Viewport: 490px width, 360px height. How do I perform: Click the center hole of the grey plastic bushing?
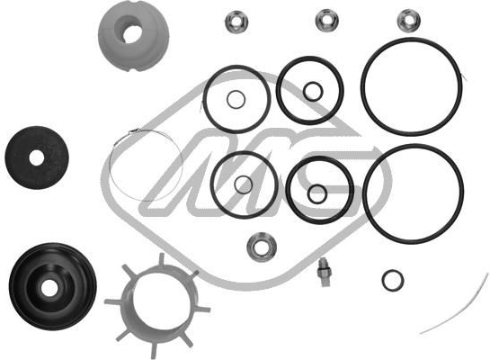click(x=132, y=34)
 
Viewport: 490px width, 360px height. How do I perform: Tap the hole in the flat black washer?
click(x=37, y=157)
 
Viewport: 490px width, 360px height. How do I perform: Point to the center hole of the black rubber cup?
click(x=49, y=288)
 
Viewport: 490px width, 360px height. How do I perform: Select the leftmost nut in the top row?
click(x=236, y=22)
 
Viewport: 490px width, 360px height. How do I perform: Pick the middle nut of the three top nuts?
click(x=327, y=21)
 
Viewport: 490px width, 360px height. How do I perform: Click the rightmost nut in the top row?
click(x=408, y=21)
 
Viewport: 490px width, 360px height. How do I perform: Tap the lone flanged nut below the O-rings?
click(x=262, y=247)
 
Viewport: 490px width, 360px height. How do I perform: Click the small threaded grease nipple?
click(x=324, y=271)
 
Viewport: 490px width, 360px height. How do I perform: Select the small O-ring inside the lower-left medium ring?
click(x=235, y=184)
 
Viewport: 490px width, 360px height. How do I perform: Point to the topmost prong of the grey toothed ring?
click(x=162, y=259)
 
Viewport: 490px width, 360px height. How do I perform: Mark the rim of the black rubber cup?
click(x=13, y=286)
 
